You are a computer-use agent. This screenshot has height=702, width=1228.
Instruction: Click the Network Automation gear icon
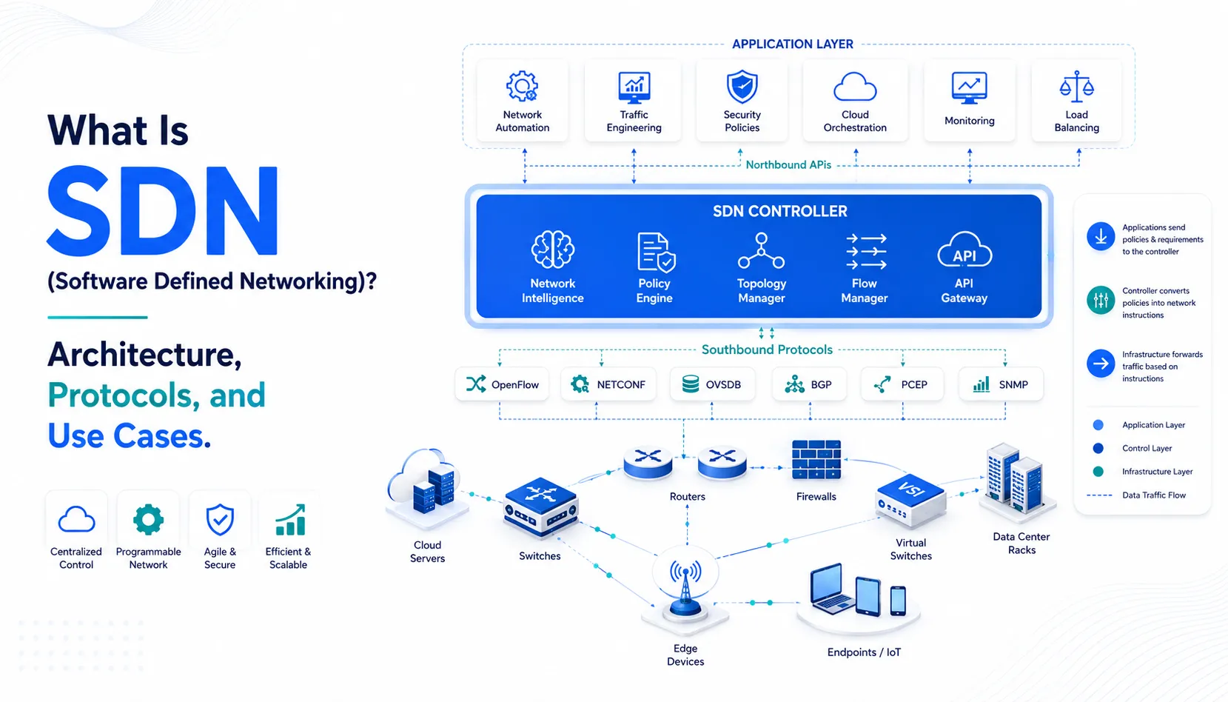(x=522, y=86)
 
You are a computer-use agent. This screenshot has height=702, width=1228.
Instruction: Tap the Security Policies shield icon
(x=742, y=87)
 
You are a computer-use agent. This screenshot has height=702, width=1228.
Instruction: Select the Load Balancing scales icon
(x=1076, y=87)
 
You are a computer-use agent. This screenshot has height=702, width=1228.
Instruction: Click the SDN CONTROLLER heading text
(x=779, y=211)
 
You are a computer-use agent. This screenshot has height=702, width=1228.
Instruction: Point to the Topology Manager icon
(x=761, y=250)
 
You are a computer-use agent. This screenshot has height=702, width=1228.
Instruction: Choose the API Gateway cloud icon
(x=964, y=250)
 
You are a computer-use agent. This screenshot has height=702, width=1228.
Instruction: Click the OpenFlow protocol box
(x=502, y=384)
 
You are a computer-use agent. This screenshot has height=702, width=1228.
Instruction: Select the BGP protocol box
(x=809, y=384)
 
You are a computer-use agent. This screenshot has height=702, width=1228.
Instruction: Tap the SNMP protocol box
(x=1001, y=384)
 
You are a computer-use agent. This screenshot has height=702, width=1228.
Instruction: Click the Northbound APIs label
(x=788, y=164)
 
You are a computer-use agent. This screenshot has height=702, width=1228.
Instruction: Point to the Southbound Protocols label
(x=767, y=350)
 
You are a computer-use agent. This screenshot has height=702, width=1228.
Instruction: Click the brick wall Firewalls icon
(x=816, y=460)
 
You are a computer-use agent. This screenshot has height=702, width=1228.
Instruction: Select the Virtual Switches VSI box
(x=910, y=500)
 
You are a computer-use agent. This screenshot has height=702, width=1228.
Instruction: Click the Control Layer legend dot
(x=1098, y=448)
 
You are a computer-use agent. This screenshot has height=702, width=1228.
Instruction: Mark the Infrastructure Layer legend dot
(x=1098, y=471)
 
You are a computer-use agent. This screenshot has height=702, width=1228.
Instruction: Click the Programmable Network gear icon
(x=148, y=519)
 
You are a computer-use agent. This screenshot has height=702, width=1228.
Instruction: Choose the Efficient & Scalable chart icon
(x=290, y=519)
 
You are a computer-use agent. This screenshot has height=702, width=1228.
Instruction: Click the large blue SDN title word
(x=162, y=210)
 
